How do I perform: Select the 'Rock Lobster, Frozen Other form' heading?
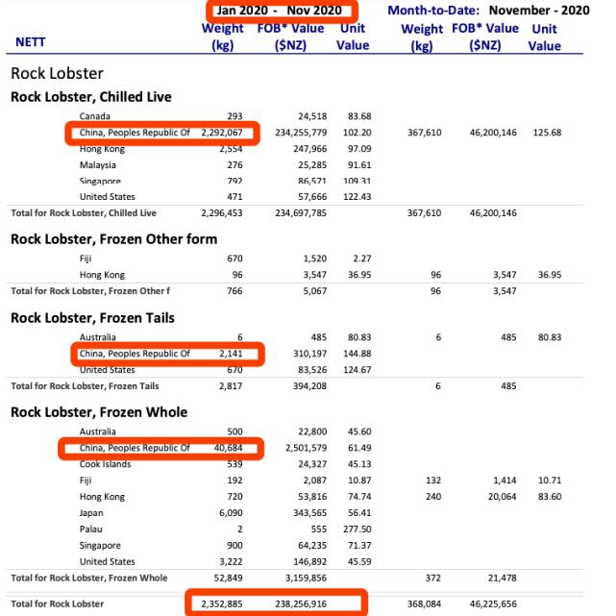(113, 238)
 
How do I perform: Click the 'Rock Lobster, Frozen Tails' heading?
(92, 318)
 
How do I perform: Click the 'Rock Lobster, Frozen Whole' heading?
(99, 412)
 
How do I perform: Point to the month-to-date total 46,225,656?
(492, 603)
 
